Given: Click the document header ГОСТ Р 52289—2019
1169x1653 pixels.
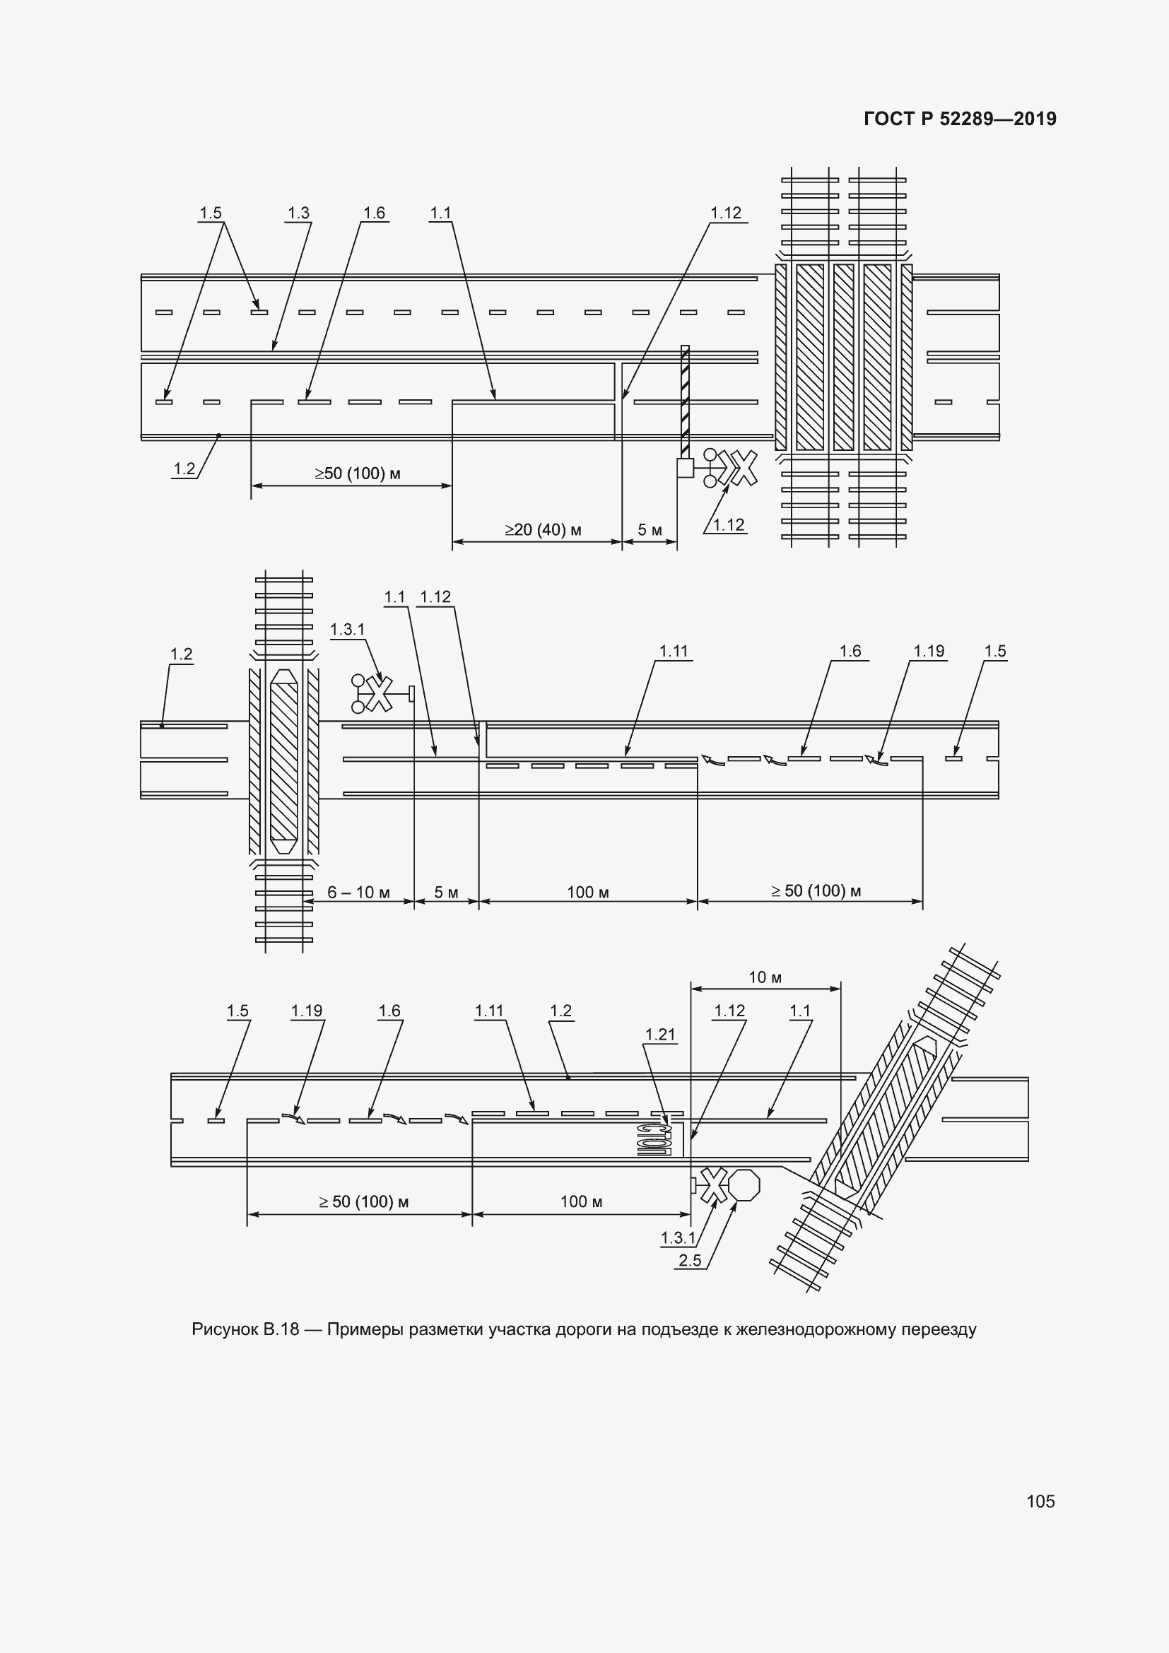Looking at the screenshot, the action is [x=960, y=119].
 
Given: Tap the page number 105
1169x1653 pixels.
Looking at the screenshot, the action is [x=1040, y=1501].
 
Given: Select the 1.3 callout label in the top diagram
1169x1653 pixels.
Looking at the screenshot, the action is [x=298, y=213].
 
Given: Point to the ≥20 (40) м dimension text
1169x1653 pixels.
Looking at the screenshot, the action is [x=543, y=530].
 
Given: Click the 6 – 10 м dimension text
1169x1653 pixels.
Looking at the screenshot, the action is [x=358, y=893].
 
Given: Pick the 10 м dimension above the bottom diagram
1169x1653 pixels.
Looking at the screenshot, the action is [x=765, y=977].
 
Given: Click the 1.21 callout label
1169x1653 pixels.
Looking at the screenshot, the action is [x=660, y=1035].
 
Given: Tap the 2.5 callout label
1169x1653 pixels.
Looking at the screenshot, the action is [x=690, y=1260].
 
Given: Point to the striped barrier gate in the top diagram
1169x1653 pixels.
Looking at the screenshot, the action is [x=686, y=401].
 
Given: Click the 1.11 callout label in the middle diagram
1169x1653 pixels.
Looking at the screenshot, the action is [x=674, y=652].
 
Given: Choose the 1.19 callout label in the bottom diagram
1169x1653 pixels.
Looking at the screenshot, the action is [x=307, y=1011].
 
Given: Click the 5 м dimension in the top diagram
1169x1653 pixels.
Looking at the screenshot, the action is [x=650, y=531].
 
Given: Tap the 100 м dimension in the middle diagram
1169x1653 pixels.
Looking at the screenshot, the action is [x=587, y=893].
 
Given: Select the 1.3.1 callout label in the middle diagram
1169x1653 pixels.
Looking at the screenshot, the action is [x=348, y=630].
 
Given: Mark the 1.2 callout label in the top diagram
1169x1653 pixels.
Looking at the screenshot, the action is [x=184, y=469].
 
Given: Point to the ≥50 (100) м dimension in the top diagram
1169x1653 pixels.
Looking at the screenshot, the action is [x=358, y=473].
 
